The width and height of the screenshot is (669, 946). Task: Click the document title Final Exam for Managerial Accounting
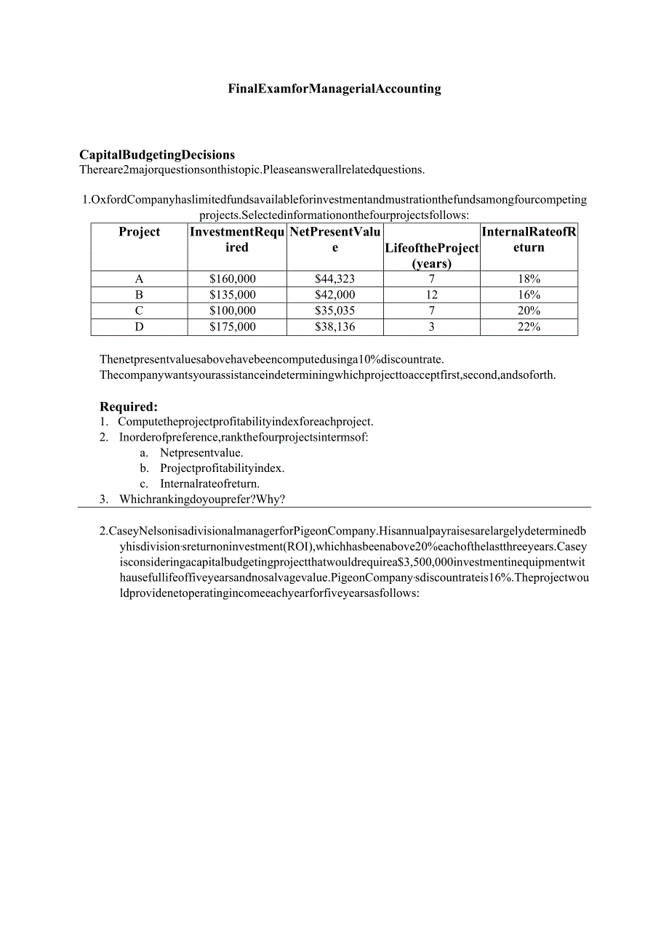(334, 89)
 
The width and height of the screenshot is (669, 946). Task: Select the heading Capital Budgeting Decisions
(157, 154)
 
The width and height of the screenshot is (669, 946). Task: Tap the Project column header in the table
(139, 232)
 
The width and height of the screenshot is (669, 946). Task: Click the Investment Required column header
(237, 239)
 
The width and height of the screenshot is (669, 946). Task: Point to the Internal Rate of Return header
(529, 239)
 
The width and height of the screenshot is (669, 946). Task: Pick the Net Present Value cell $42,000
(335, 295)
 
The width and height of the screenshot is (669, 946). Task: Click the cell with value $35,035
(335, 311)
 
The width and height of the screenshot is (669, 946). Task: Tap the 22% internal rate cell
(529, 327)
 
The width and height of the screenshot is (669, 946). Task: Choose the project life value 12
(432, 295)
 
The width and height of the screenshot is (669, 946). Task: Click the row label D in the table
(139, 327)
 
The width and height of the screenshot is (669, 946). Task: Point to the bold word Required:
(129, 406)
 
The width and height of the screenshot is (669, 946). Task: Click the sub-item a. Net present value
(201, 452)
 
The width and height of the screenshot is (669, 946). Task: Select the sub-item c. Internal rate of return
(209, 484)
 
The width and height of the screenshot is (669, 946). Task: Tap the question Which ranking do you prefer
(202, 499)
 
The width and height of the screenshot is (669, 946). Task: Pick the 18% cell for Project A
(529, 279)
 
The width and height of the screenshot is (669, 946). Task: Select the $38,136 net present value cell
(335, 327)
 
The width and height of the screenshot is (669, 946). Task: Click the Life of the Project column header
(432, 255)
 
